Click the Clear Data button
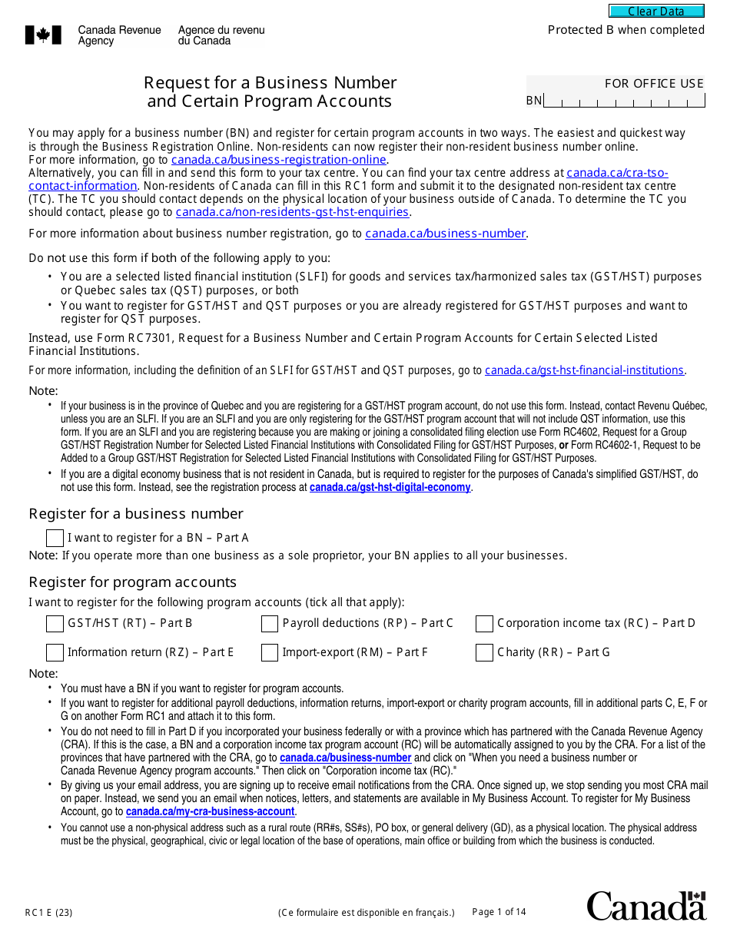(656, 12)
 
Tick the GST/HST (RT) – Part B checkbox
(55, 623)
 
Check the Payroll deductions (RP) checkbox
(269, 623)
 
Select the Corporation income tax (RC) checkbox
(484, 623)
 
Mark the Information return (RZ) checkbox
(55, 652)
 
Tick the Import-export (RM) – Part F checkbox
(269, 652)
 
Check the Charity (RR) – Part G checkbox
(484, 652)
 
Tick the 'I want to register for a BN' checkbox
(55, 538)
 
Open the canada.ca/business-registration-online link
(279, 160)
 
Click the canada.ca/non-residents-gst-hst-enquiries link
(292, 212)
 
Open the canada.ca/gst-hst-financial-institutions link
(584, 370)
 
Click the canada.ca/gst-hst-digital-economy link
(390, 487)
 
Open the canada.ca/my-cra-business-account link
(211, 811)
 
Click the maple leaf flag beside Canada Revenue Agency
(38, 35)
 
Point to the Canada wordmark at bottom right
(646, 906)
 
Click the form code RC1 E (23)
(49, 913)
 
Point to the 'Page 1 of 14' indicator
(499, 912)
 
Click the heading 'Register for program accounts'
(132, 582)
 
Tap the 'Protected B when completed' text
(625, 30)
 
